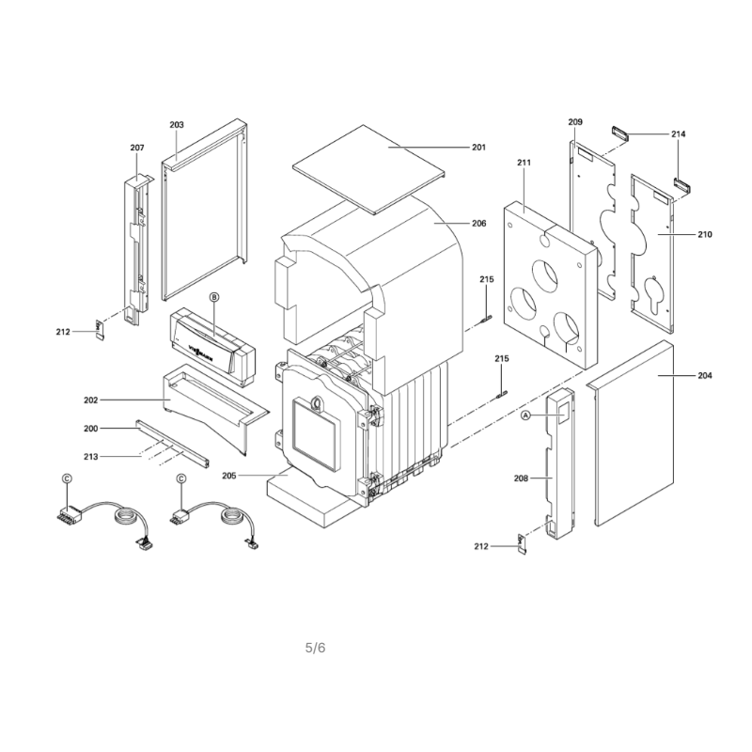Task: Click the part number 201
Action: tap(478, 148)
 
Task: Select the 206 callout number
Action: tap(478, 223)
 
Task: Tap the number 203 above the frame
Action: tap(177, 125)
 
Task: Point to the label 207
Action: tap(137, 148)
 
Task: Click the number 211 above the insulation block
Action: tap(525, 163)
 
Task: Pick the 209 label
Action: tap(575, 122)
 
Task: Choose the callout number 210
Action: tap(704, 234)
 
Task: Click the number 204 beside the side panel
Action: tap(704, 375)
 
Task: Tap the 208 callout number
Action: tap(521, 478)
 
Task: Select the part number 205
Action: tap(229, 476)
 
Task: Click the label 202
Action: tap(90, 400)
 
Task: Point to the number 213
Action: tap(90, 457)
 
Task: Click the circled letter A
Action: tap(526, 415)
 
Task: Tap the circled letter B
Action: tap(214, 297)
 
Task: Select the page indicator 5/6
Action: tap(315, 648)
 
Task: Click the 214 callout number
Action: tap(678, 134)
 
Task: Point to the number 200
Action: tap(90, 429)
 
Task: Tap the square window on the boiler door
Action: tap(317, 434)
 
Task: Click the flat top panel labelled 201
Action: tap(368, 169)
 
